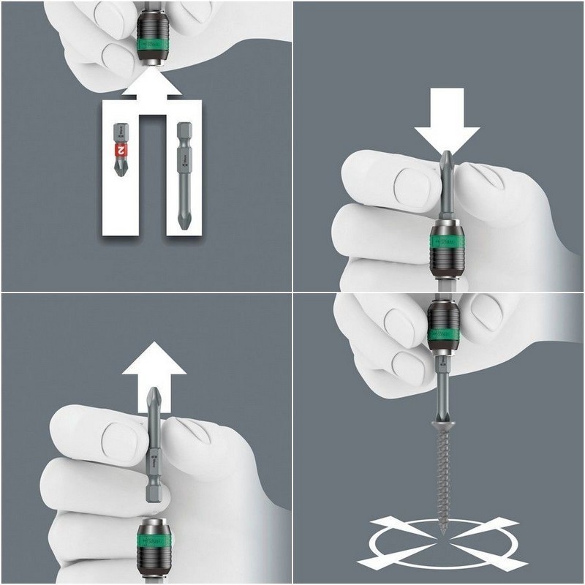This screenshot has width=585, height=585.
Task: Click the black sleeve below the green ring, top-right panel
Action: point(446,260)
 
